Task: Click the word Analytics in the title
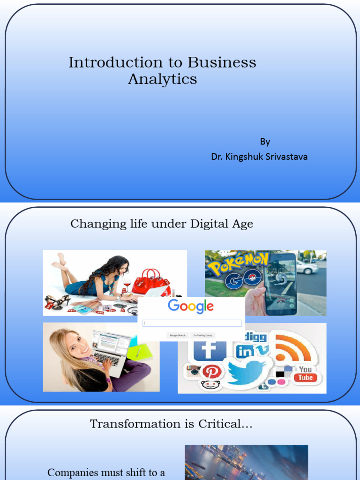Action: click(x=162, y=79)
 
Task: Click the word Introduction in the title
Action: click(x=109, y=63)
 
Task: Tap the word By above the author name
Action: click(x=265, y=142)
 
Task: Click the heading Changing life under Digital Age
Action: click(x=162, y=224)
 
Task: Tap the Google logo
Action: click(x=191, y=307)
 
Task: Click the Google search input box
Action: click(x=192, y=323)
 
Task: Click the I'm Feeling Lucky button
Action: click(x=202, y=335)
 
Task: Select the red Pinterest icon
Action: click(x=212, y=372)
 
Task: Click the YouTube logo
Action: click(x=305, y=374)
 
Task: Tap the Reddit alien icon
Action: click(x=210, y=385)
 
